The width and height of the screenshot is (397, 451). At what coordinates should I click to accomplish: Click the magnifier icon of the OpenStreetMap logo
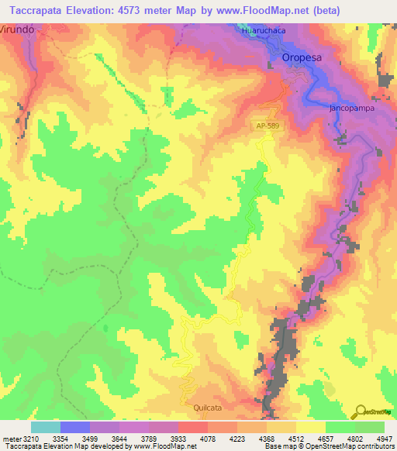(361, 410)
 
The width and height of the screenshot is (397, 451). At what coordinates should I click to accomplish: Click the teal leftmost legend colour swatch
(45, 427)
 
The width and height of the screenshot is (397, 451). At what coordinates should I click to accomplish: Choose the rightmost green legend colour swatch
(370, 427)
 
